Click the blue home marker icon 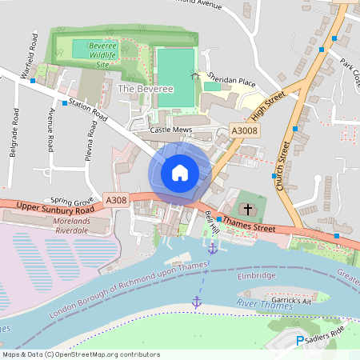[x=180, y=172]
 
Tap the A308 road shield [x=116, y=200]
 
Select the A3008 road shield [x=243, y=130]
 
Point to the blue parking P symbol [x=301, y=342]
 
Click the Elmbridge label [x=256, y=276]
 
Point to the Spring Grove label [x=72, y=199]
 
